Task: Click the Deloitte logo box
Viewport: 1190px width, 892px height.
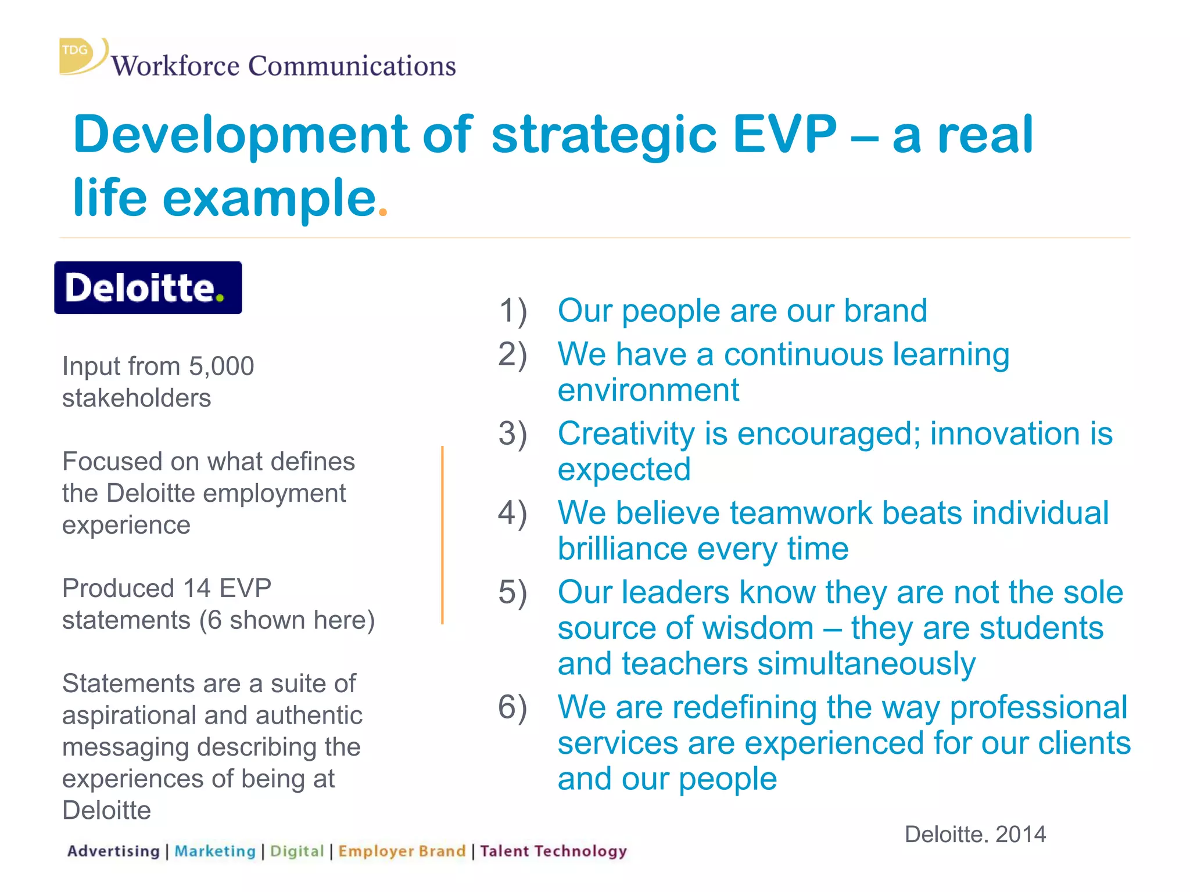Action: coord(148,288)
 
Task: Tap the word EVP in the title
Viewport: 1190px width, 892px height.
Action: coord(784,134)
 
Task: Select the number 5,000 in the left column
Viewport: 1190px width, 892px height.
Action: coord(221,366)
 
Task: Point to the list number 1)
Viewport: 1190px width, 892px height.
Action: coord(512,311)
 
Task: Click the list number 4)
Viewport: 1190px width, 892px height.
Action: coord(512,513)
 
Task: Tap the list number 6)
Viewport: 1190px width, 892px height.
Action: coord(512,707)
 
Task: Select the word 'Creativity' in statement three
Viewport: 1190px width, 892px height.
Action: coord(626,434)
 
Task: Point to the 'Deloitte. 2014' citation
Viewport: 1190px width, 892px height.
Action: coord(975,835)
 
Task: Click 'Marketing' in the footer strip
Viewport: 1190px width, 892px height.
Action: coord(215,851)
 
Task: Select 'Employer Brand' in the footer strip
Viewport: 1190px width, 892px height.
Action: coord(402,851)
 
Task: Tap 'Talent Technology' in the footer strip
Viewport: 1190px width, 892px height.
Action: coord(553,851)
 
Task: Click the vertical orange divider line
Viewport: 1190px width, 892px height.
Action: coord(442,534)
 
